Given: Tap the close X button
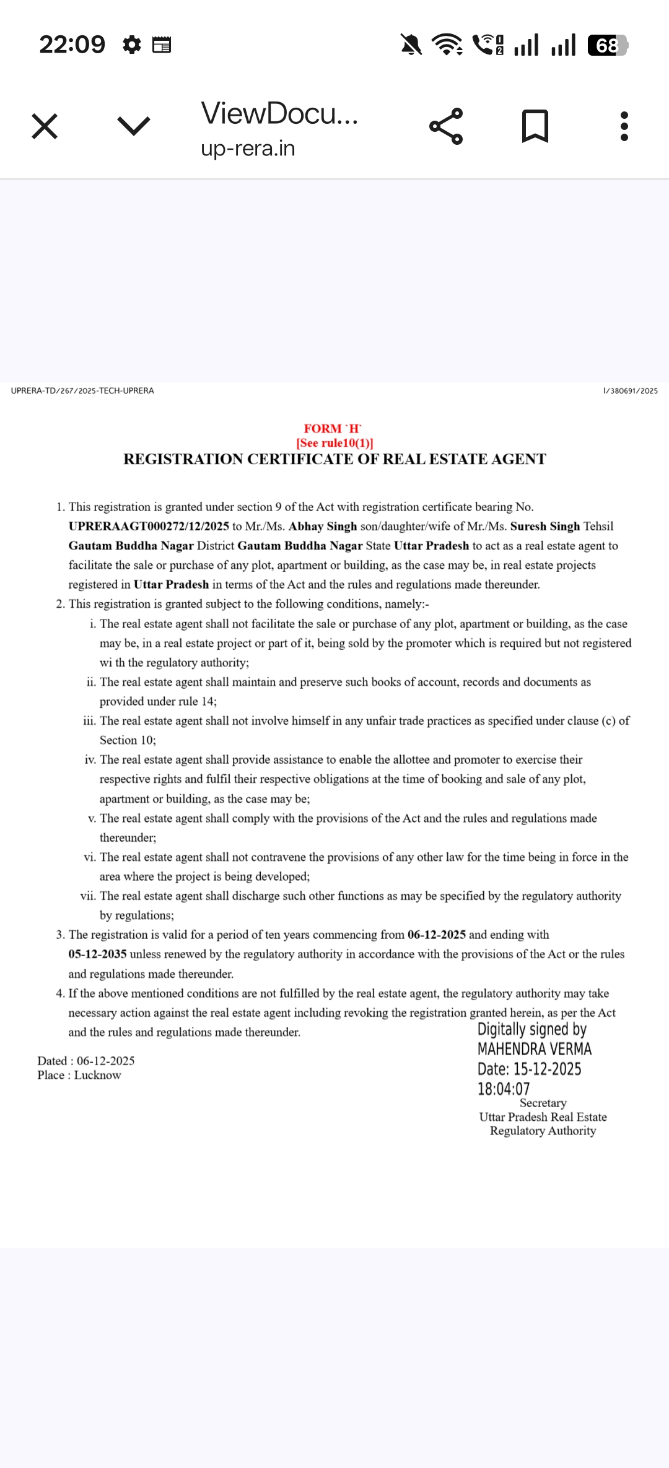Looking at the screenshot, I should click(45, 126).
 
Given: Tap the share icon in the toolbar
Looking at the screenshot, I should click(446, 126).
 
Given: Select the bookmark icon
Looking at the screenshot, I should click(535, 126).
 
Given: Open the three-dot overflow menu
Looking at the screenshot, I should click(624, 126).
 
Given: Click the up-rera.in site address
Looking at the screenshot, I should click(248, 149).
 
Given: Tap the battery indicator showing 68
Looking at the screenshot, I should click(607, 45).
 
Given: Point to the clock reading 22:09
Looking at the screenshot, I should click(72, 45).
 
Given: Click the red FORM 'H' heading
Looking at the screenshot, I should click(332, 428).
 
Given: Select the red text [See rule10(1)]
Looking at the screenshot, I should click(334, 443).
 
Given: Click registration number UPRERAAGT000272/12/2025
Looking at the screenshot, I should click(149, 526).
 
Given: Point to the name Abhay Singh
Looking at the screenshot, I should click(323, 526).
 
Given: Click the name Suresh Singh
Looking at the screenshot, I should click(545, 526).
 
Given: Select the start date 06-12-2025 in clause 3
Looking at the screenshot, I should click(437, 935).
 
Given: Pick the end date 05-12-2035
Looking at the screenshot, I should click(97, 954).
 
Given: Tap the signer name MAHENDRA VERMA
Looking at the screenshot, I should click(534, 1049).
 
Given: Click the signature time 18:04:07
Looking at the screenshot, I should click(504, 1089).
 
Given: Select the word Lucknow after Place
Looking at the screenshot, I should click(97, 1075).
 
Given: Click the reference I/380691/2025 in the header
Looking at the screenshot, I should click(631, 391).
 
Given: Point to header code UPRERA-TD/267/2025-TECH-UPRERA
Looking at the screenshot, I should click(82, 391).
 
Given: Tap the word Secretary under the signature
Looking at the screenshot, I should click(543, 1103).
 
